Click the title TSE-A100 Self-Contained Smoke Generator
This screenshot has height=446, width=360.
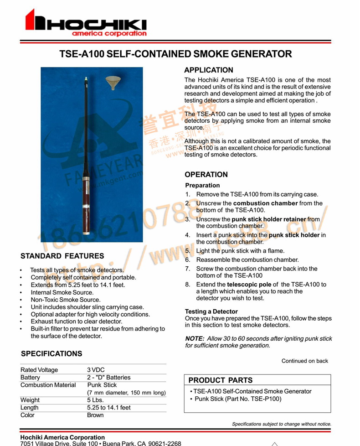(175, 54)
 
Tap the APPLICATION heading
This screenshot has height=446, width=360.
(208, 70)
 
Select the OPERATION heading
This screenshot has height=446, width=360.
(206, 175)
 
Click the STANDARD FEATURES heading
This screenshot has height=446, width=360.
(62, 256)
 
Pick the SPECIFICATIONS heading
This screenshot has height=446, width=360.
(51, 354)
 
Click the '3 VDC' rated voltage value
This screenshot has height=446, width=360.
(96, 370)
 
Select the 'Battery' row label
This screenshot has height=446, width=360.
(31, 378)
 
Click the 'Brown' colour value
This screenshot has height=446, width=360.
(95, 415)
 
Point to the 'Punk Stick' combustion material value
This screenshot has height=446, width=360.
(102, 385)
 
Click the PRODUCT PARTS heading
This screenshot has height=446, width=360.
(220, 380)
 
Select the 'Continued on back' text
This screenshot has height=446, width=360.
(304, 361)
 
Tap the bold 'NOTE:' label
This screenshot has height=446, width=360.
(195, 339)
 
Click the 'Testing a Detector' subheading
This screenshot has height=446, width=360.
(211, 311)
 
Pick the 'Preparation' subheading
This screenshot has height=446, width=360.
(202, 186)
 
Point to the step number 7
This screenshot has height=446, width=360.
(187, 269)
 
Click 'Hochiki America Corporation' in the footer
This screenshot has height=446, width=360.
(62, 437)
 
